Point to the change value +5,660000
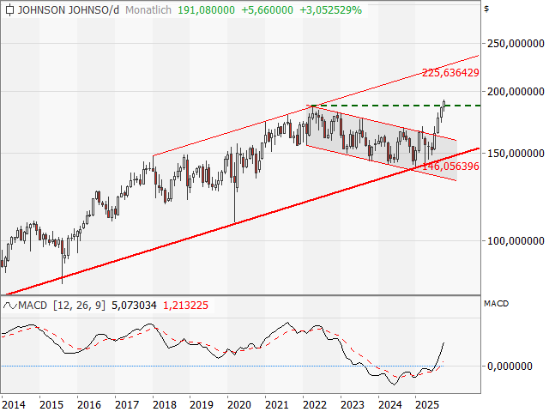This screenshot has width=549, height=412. [x=268, y=10]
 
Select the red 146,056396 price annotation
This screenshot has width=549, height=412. [x=450, y=166]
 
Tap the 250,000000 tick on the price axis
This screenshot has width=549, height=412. [x=515, y=42]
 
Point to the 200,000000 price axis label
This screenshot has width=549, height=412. [x=515, y=90]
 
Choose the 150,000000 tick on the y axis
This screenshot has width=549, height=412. [x=515, y=153]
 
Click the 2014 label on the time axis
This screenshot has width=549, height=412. [x=13, y=403]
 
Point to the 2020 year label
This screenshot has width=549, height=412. [x=238, y=403]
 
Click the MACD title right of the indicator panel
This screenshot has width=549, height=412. [x=497, y=304]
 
